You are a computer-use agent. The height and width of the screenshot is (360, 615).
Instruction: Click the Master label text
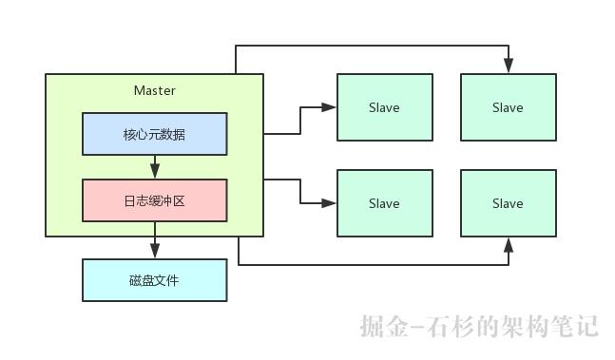click(155, 90)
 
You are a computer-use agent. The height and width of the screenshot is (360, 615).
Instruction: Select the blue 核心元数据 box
click(155, 134)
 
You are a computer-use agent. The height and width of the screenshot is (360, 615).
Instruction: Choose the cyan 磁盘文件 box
click(155, 280)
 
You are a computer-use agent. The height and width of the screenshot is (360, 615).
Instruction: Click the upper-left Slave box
click(384, 107)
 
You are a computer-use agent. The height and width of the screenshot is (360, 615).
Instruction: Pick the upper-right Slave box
click(508, 107)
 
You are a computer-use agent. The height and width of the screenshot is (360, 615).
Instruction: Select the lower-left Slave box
click(384, 203)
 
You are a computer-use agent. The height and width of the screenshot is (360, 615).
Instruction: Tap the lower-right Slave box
click(508, 203)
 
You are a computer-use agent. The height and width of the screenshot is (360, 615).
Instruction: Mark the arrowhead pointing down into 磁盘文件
click(155, 252)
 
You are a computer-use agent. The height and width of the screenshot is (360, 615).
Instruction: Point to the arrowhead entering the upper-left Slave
click(331, 107)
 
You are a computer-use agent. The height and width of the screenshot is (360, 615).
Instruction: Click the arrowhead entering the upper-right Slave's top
click(509, 66)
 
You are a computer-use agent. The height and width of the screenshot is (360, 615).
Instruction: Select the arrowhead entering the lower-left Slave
click(331, 203)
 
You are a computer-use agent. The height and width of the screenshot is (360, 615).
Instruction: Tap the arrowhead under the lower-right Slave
click(509, 244)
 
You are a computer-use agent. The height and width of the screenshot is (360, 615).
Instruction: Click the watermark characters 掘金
click(384, 327)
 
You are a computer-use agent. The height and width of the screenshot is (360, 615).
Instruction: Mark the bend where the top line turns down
click(509, 45)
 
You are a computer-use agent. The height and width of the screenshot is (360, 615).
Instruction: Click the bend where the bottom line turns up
click(509, 264)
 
